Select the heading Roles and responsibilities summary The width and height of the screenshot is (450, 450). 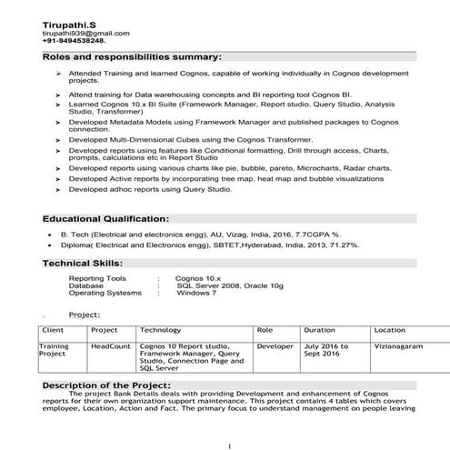pos(133,57)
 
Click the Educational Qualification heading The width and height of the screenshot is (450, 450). pos(105,219)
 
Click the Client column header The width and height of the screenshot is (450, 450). pos(53,330)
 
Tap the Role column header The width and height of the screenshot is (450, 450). pos(265,330)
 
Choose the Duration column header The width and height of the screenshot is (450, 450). pos(319,330)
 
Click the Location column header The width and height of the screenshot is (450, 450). pos(390,330)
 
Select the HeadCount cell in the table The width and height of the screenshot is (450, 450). pos(111,346)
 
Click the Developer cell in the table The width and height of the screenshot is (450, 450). pos(275,346)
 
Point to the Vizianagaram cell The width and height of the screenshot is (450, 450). pos(402,346)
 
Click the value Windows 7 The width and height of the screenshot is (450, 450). pos(195,294)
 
